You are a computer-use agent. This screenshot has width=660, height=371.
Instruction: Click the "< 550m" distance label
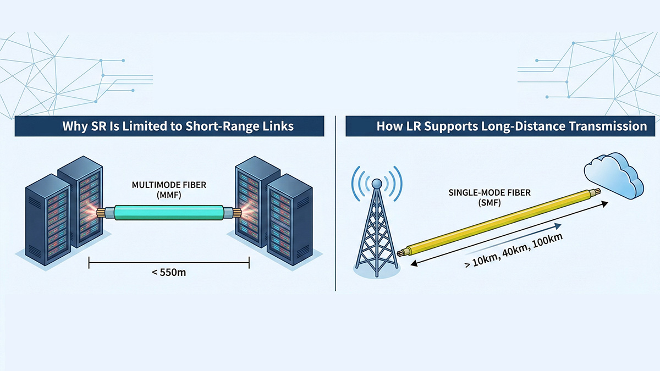[169, 272]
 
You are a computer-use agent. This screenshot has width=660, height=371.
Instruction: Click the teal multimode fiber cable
[169, 212]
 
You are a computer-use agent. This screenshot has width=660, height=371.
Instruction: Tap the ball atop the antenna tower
[377, 182]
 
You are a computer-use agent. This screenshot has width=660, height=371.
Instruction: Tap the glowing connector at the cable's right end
[238, 212]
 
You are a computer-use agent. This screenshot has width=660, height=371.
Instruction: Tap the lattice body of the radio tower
[377, 236]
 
